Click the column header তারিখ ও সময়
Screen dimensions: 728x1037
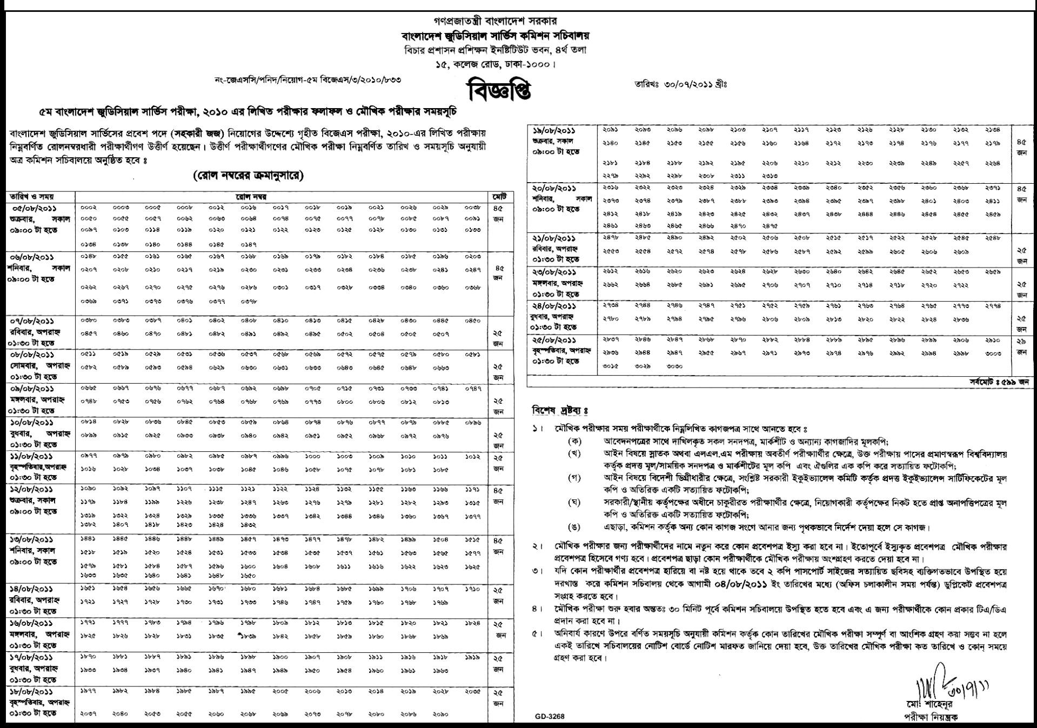[x=30, y=197]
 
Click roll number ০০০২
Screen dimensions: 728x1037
[x=89, y=208]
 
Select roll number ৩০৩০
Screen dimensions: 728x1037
[x=674, y=366]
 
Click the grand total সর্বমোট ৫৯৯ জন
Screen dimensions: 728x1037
[x=994, y=382]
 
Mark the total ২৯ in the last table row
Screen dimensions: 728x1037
[x=1021, y=341]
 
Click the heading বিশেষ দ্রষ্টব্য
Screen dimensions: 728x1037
[x=560, y=411]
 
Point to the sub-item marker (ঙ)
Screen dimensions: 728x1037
[x=574, y=527]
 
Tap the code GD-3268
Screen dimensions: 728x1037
[x=550, y=717]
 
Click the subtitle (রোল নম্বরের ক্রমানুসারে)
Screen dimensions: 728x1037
[x=248, y=176]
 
